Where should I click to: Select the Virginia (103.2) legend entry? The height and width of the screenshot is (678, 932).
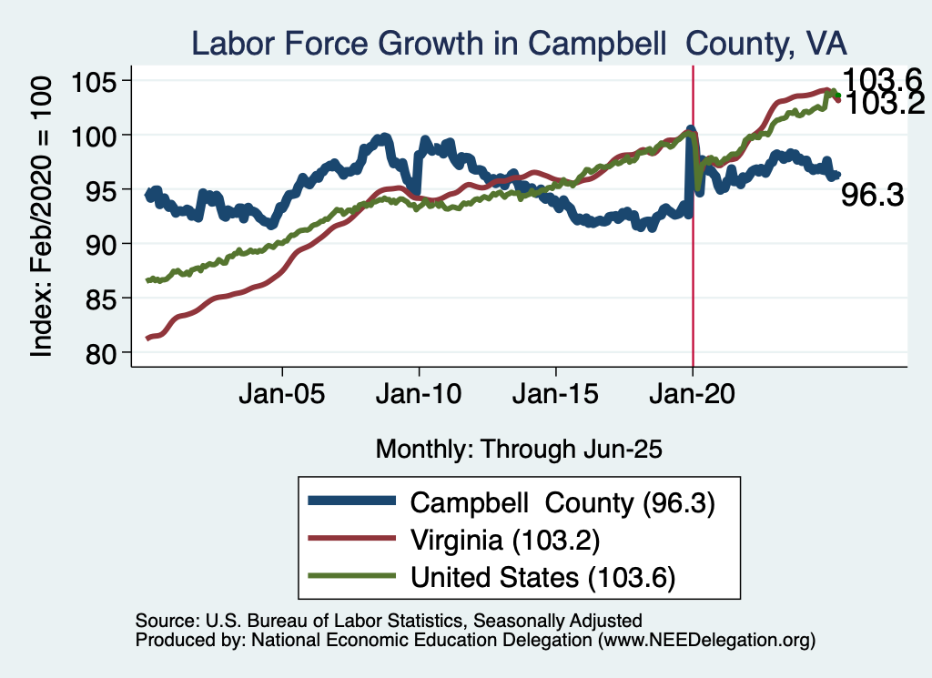click(504, 540)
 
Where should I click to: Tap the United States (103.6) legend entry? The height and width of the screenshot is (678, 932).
click(542, 577)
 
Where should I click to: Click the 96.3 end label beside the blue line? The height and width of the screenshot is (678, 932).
click(871, 195)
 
